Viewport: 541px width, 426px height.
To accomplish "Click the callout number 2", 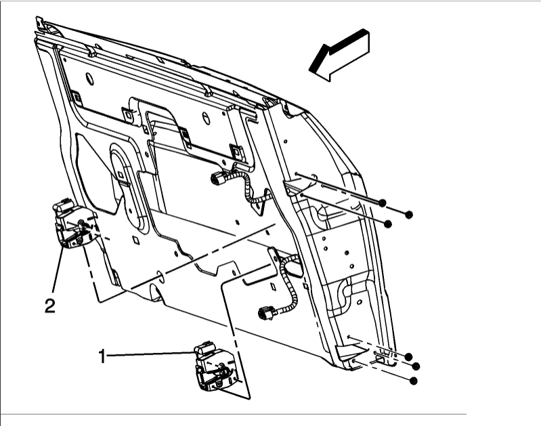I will (49, 305).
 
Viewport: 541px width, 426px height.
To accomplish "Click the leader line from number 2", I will (58, 271).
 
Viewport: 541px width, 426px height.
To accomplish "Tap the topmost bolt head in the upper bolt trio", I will (383, 203).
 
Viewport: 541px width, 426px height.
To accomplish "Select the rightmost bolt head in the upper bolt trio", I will (409, 215).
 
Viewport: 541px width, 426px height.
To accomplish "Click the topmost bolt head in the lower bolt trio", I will (409, 356).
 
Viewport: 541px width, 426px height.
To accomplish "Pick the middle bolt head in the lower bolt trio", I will (416, 366).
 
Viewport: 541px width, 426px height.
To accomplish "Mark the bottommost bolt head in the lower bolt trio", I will (413, 381).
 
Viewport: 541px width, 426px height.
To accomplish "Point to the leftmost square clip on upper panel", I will (77, 98).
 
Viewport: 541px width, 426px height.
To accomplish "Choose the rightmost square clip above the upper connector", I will (236, 150).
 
